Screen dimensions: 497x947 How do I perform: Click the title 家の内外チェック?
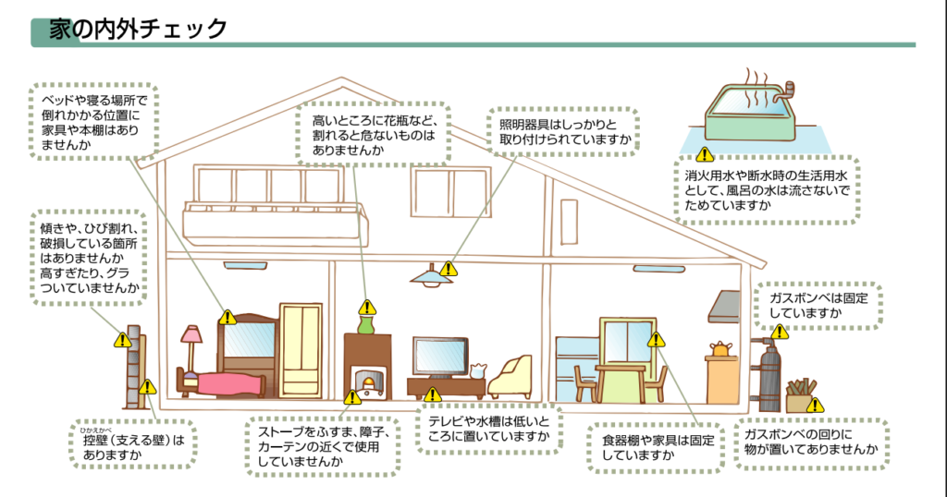[139, 29]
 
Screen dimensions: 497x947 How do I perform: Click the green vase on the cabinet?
[366, 323]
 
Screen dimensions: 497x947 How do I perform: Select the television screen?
[439, 356]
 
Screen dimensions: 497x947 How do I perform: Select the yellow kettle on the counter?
[719, 348]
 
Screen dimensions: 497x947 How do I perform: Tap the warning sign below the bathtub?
[705, 155]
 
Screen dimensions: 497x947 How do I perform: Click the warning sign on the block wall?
[122, 340]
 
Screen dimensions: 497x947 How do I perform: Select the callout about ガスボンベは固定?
[818, 307]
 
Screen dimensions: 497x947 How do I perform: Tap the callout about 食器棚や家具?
[656, 447]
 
